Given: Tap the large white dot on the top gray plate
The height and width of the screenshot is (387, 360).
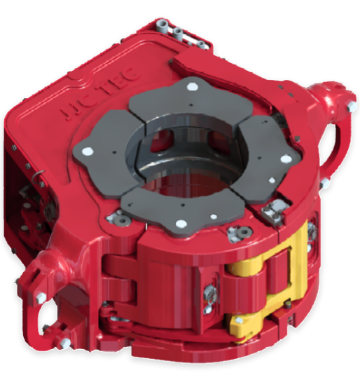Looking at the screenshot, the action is (x=193, y=87).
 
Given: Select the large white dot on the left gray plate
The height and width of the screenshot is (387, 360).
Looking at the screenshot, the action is (x=88, y=151).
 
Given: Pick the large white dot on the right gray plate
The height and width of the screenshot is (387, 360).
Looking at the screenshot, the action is (x=286, y=159).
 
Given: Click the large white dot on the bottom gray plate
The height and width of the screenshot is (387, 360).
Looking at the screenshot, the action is (x=181, y=224).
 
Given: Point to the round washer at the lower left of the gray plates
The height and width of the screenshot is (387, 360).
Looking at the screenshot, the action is (x=123, y=219).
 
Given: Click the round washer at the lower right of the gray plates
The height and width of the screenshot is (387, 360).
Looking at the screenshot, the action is (x=244, y=232).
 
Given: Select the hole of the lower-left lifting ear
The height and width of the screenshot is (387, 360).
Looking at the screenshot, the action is (x=46, y=318).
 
